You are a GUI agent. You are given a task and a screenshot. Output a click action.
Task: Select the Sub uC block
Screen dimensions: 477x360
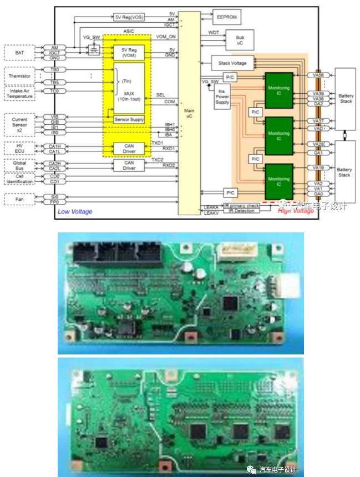pos(232,38)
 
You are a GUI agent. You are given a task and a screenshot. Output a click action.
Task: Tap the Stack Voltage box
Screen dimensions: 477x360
pos(233,63)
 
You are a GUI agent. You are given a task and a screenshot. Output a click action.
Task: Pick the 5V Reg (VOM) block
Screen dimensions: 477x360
pos(129,52)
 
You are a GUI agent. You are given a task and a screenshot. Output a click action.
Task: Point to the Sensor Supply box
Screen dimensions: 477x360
pos(128,119)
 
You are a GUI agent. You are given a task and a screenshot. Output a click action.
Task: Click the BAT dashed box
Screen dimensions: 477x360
pos(19,52)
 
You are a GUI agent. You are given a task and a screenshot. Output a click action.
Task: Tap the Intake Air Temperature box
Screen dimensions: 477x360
pos(19,93)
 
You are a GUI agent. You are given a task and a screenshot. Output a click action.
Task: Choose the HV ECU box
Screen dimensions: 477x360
pos(19,148)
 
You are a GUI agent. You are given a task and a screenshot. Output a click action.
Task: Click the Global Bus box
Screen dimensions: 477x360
pos(19,165)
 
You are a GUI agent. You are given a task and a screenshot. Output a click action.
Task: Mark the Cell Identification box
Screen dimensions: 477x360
pos(19,179)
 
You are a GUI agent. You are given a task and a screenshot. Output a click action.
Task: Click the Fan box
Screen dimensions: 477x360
pos(19,198)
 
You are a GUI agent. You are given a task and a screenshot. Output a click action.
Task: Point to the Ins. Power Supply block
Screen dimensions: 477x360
pos(222,94)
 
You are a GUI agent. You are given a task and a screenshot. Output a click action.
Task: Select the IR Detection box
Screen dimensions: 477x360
pos(240,211)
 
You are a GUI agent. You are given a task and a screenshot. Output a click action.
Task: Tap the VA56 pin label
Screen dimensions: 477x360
pos(318,75)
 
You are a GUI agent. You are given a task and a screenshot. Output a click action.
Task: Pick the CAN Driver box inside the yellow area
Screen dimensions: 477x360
pos(129,148)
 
